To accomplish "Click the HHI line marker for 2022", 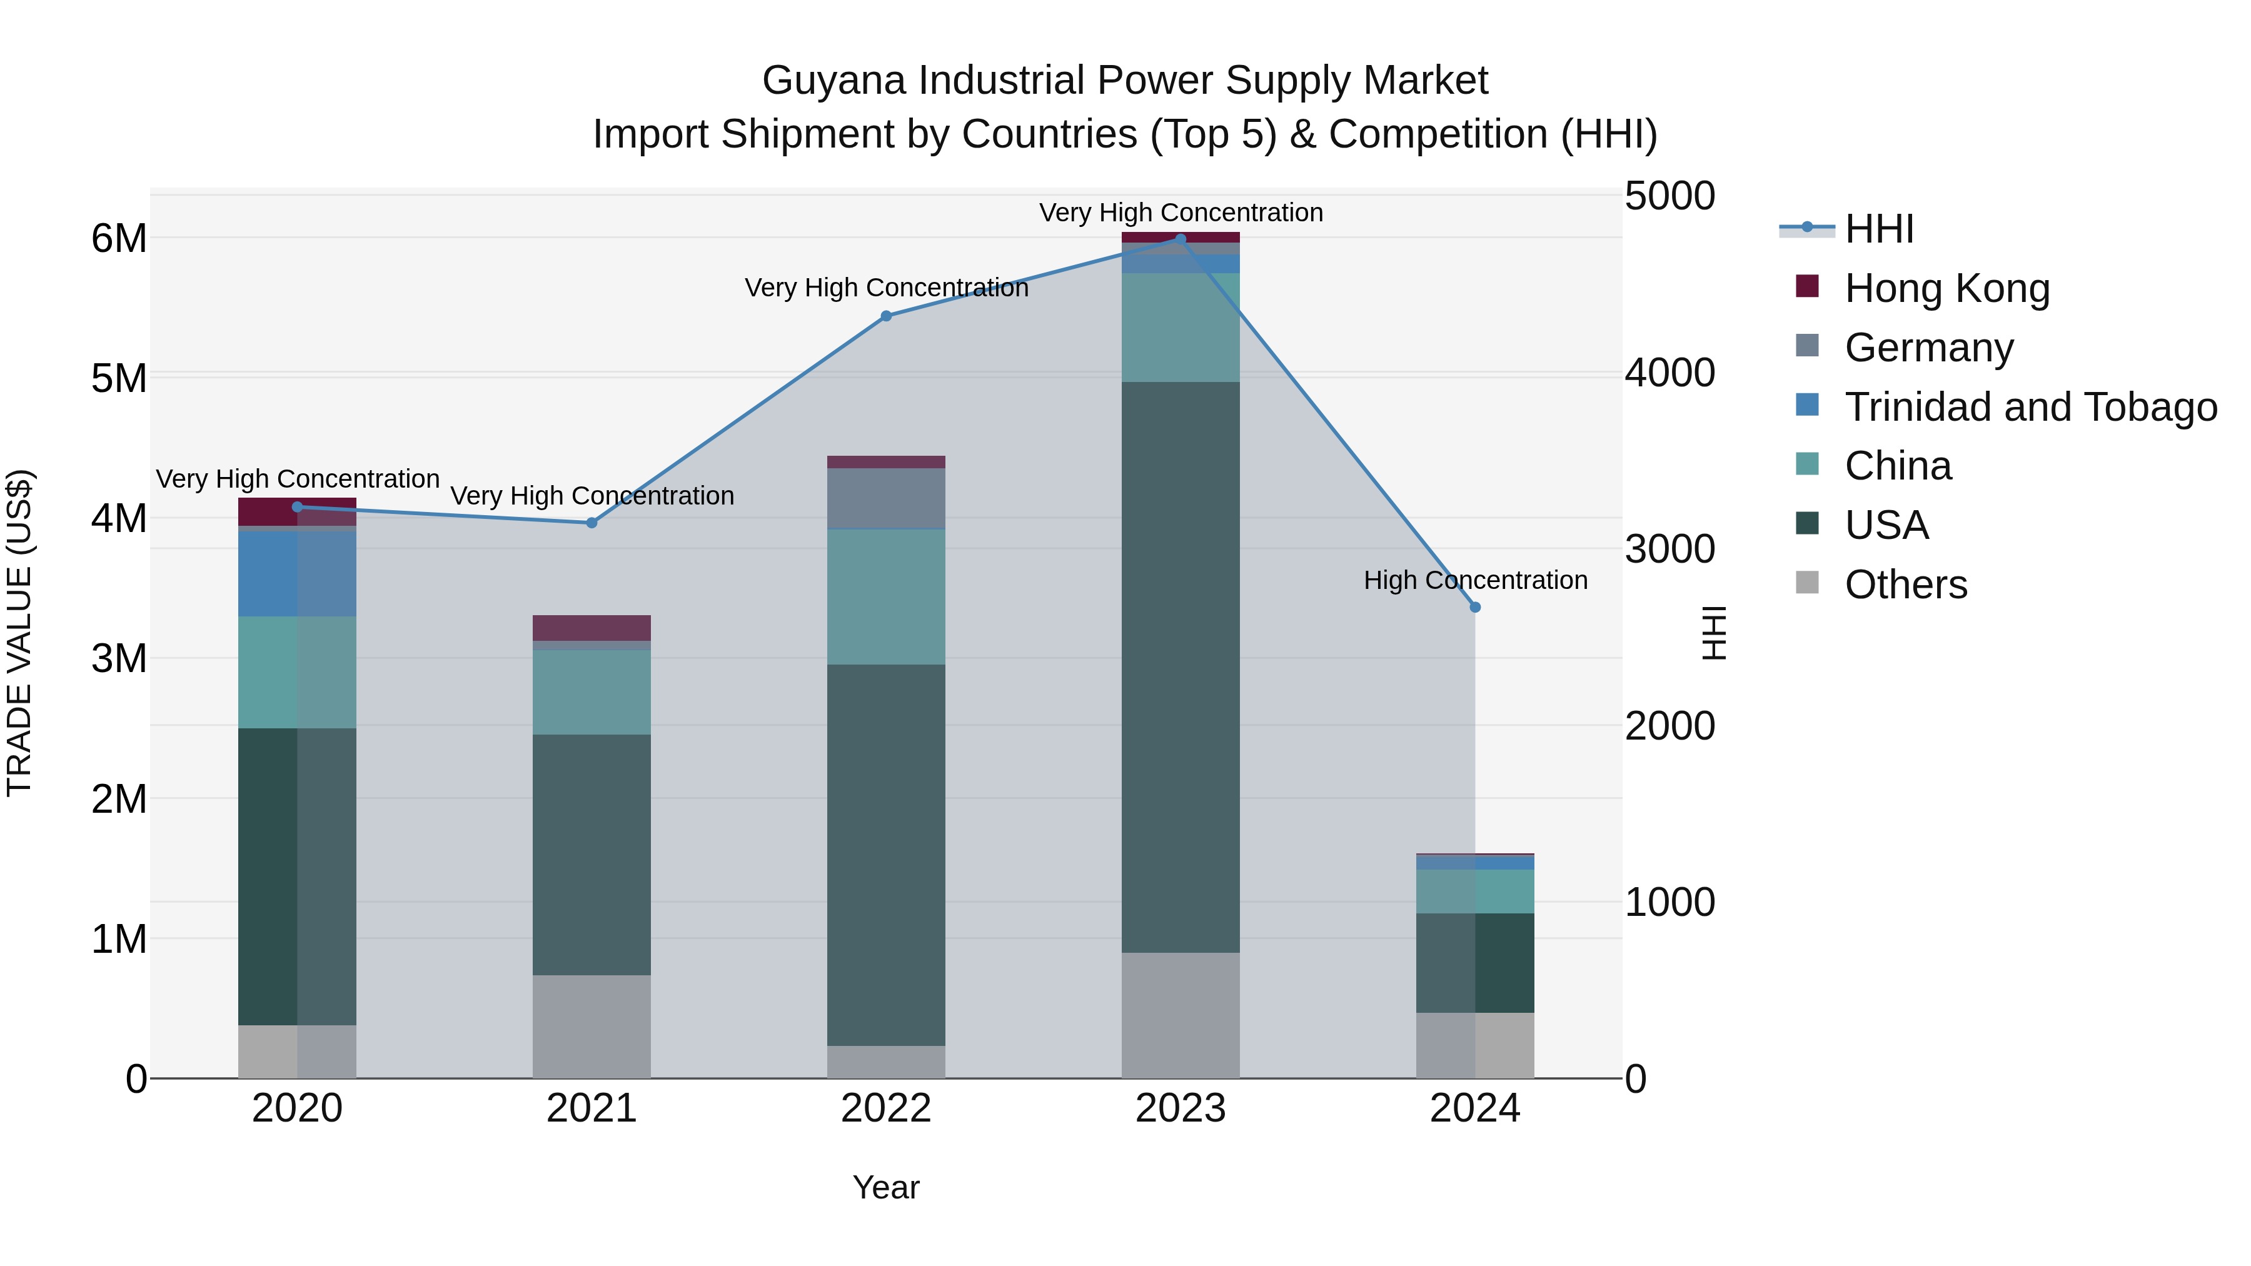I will pyautogui.click(x=886, y=316).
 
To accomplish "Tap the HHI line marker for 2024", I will pyautogui.click(x=1475, y=607).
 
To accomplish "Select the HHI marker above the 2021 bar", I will pyautogui.click(x=592, y=523).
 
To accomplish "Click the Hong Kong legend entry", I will pyautogui.click(x=1946, y=288).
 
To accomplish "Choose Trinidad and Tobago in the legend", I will pyautogui.click(x=2030, y=407).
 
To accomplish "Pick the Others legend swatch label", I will pyautogui.click(x=1905, y=585).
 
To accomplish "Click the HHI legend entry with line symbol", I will pyautogui.click(x=1879, y=229).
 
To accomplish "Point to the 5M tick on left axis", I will pyautogui.click(x=119, y=378).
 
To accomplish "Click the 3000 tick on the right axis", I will pyautogui.click(x=1669, y=550).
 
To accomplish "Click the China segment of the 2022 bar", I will pyautogui.click(x=886, y=597).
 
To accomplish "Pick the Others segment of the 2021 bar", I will pyautogui.click(x=592, y=1027).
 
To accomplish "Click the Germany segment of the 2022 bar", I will pyautogui.click(x=886, y=499).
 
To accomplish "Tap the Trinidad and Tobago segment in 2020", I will pyautogui.click(x=297, y=574).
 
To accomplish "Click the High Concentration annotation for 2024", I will pyautogui.click(x=1475, y=580).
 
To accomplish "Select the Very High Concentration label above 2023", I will pyautogui.click(x=1181, y=213).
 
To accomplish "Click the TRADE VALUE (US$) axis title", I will pyautogui.click(x=19, y=633).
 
